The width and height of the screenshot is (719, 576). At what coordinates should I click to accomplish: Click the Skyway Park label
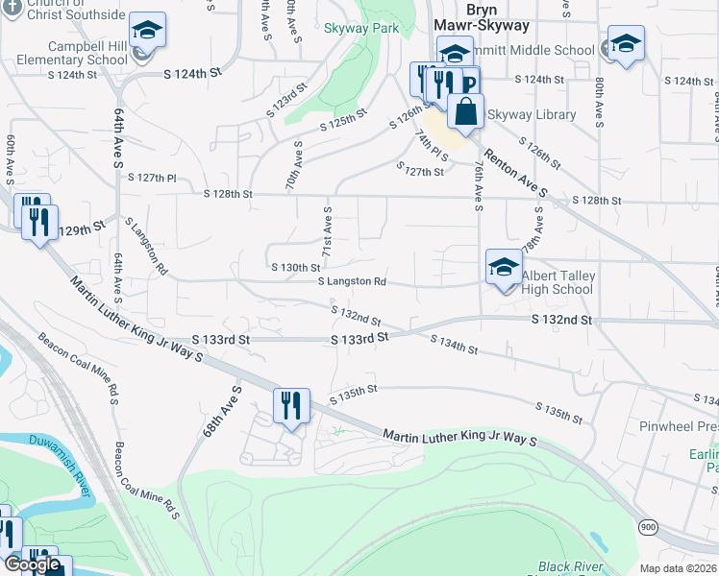[x=360, y=29]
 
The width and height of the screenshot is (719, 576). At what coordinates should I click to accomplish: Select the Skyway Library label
[x=532, y=115]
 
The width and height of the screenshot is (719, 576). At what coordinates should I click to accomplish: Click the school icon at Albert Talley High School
[x=504, y=268]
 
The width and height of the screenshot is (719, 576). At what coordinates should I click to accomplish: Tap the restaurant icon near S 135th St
[x=290, y=404]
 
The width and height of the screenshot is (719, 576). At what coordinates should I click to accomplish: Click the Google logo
[x=32, y=564]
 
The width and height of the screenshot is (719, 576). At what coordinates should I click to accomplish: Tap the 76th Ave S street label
[x=478, y=183]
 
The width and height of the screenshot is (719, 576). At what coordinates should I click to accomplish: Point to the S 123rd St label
[x=286, y=100]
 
